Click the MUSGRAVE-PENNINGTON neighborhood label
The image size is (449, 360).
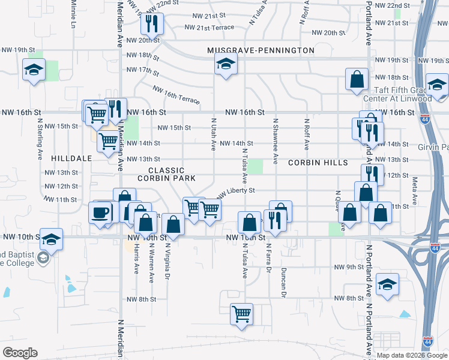[x=261, y=50]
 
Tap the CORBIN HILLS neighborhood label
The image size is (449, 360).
[x=318, y=163]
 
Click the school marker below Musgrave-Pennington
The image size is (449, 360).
[x=226, y=64]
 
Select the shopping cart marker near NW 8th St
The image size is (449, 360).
[x=241, y=314]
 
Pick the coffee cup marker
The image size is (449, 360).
[x=100, y=212]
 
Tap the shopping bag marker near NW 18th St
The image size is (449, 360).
[x=357, y=79]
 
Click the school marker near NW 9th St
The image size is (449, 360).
[x=388, y=284]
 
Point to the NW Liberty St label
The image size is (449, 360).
[x=236, y=191]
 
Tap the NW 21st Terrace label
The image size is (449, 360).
[x=209, y=28]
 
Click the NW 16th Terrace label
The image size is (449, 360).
[x=176, y=94]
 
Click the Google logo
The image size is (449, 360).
[x=19, y=353]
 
